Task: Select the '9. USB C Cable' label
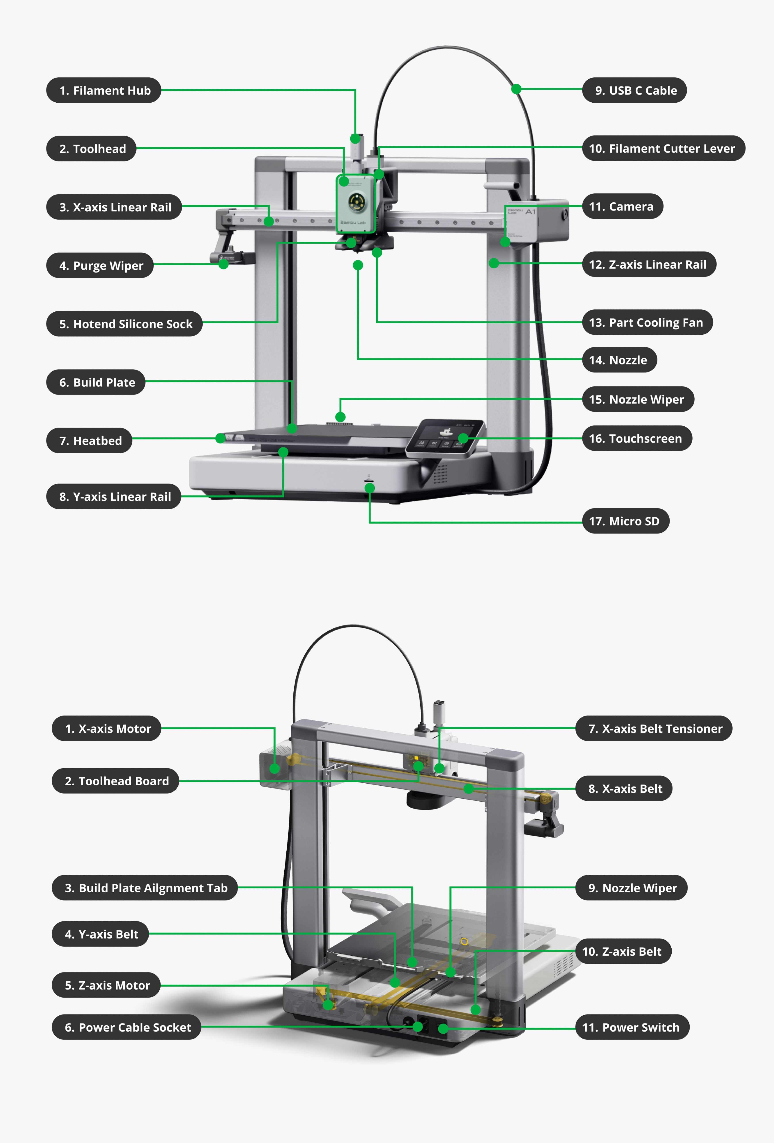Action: (x=634, y=90)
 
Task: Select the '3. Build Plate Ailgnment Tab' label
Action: (x=145, y=888)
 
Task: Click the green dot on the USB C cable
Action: (x=516, y=89)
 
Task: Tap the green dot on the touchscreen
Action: (x=463, y=438)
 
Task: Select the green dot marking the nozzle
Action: (x=358, y=265)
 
